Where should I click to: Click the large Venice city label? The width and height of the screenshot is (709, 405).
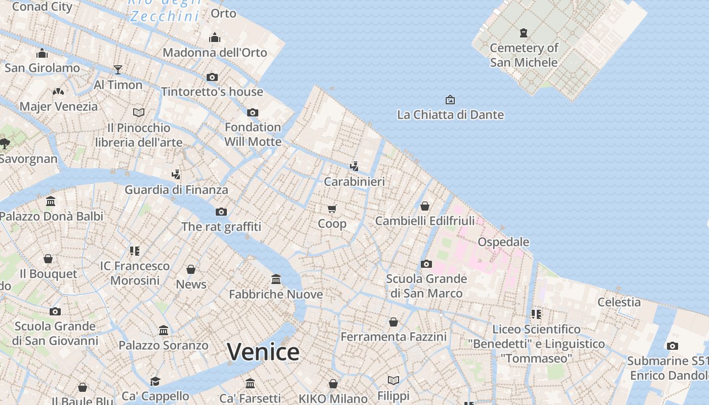263,352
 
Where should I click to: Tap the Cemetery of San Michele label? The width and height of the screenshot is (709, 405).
524,55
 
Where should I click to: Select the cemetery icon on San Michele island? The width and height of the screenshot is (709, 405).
524,33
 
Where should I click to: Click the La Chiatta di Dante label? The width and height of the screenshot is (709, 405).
450,115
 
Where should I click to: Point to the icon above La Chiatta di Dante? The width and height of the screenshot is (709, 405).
450,100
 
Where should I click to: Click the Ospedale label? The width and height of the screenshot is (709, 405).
503,242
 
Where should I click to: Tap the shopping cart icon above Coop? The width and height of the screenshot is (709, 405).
332,209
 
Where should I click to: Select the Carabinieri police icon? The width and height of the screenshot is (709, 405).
354,166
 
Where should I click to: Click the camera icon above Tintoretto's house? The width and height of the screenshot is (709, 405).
212,77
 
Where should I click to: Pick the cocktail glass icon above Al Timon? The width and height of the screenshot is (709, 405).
118,69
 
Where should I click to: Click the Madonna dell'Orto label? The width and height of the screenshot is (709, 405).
215,53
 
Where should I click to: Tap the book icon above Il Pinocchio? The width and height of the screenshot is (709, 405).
139,112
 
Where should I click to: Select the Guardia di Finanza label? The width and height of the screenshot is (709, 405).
176,190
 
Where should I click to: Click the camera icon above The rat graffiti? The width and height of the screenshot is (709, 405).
221,212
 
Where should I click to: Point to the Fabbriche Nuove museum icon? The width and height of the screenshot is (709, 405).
276,279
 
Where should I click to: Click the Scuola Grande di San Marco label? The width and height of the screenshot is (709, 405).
426,286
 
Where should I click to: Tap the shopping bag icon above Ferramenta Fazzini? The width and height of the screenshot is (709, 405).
393,322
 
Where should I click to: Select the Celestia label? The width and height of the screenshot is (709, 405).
619,302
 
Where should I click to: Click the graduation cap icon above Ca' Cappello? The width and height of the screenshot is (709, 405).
155,381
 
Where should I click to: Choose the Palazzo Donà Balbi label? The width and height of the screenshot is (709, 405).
51,216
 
